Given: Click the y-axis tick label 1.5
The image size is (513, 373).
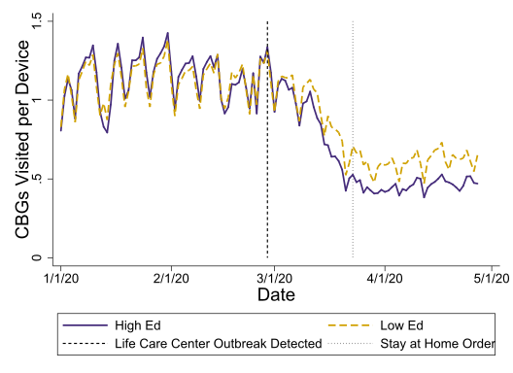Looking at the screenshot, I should click(35, 20).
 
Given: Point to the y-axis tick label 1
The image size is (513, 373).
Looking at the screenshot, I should click(35, 99).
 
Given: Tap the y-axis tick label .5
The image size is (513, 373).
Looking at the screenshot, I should click(35, 179).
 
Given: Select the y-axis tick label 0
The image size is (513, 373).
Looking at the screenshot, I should click(35, 257).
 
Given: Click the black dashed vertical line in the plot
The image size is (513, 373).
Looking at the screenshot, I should click(267, 146).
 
